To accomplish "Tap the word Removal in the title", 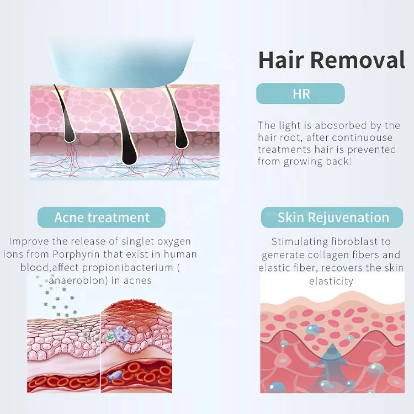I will pos(361,60).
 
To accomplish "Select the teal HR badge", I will pos(301,94).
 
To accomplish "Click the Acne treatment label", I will pos(102,217).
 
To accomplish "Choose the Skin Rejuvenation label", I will pos(333,217).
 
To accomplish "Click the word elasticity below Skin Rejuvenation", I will pos(332,281).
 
